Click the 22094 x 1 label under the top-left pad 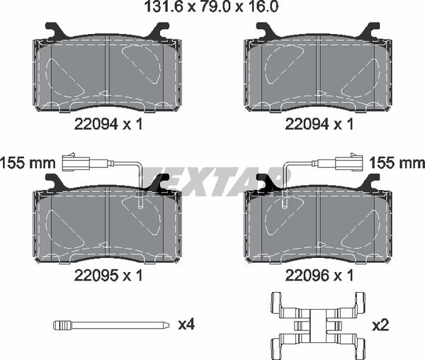click(108, 125)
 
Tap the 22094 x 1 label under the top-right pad click(319, 125)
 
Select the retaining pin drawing click(112, 325)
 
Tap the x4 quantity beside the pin click(186, 325)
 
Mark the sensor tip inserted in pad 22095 click(141, 204)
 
